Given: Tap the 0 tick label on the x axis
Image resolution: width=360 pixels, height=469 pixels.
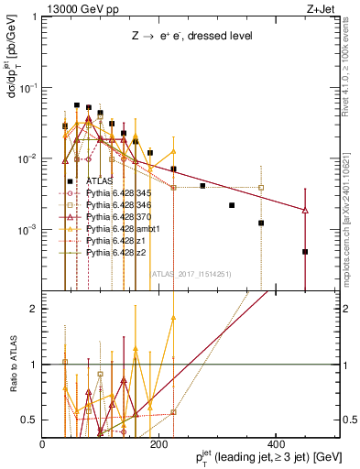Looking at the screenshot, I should (x=43, y=444).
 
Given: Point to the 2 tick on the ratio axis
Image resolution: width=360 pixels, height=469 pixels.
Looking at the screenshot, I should (x=35, y=309).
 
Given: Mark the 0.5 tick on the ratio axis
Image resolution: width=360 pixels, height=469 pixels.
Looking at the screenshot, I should (x=30, y=420).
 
